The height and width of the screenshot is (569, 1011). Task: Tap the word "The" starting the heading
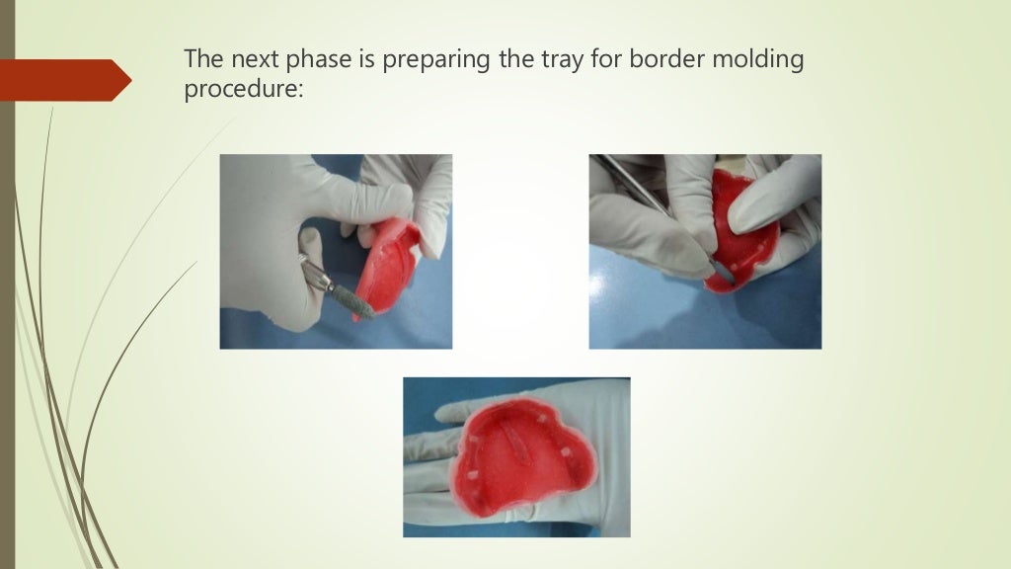pyautogui.click(x=200, y=61)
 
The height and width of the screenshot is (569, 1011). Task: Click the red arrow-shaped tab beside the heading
pyautogui.click(x=65, y=80)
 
